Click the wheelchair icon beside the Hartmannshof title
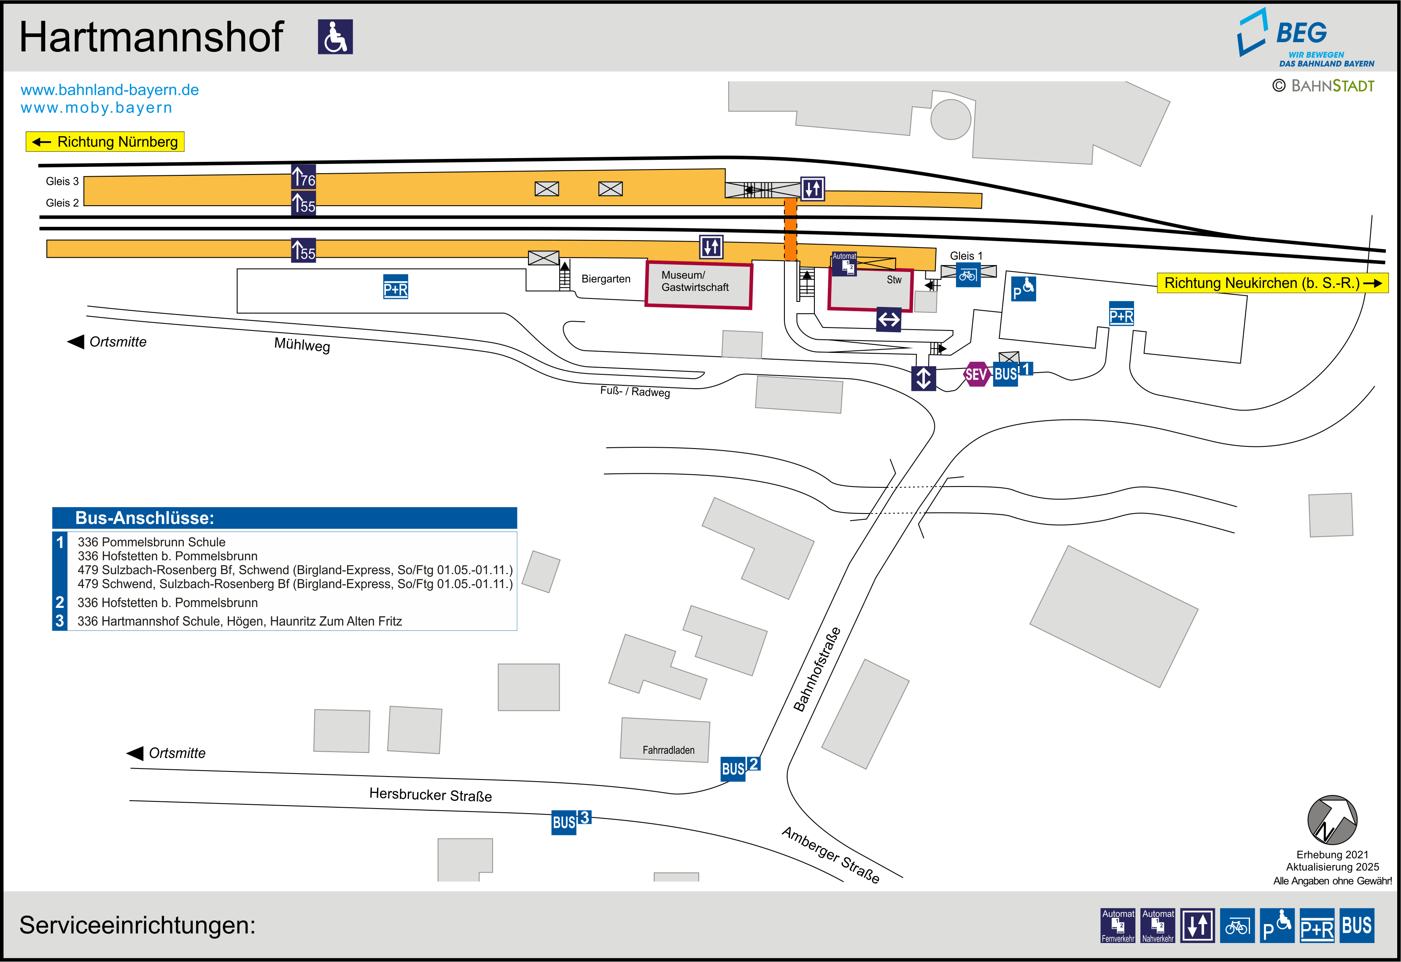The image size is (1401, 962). (x=335, y=37)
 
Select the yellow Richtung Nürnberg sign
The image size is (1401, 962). (x=105, y=142)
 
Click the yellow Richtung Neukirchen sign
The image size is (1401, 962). (x=1272, y=283)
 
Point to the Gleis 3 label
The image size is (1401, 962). (x=62, y=181)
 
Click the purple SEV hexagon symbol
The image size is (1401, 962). (x=976, y=374)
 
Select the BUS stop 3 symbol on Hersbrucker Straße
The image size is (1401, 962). (x=570, y=821)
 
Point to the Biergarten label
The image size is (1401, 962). (x=606, y=279)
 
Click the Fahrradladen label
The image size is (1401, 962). (x=668, y=750)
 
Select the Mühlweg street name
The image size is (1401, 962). (x=302, y=345)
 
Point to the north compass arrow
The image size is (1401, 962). (x=1332, y=820)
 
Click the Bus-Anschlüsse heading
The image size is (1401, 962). (x=145, y=518)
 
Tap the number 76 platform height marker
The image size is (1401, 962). (x=303, y=177)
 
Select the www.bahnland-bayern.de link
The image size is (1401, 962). (x=110, y=90)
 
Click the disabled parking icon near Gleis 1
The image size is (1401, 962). (x=1023, y=289)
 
